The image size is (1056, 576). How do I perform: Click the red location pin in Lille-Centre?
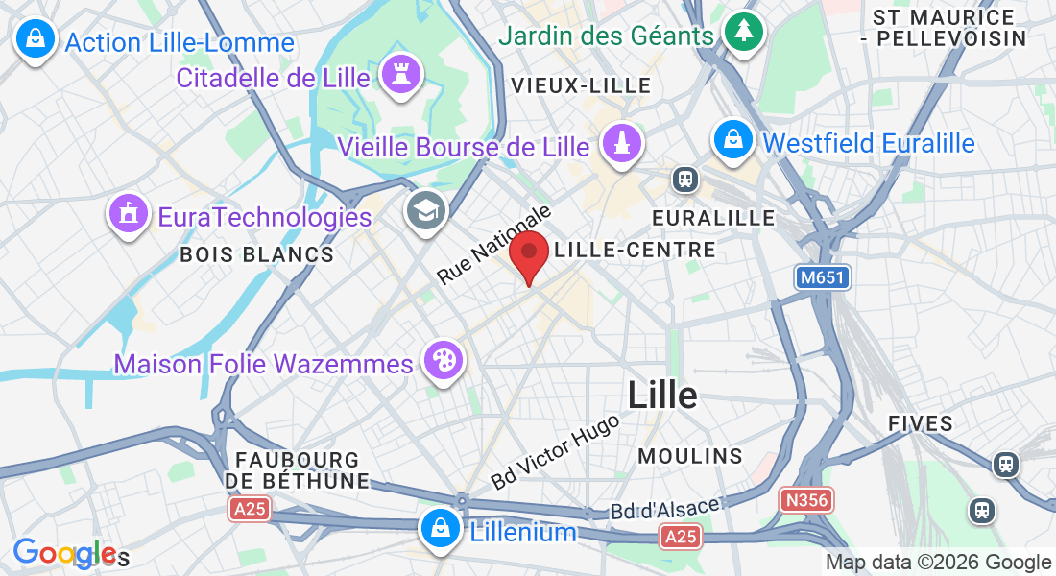click(528, 252)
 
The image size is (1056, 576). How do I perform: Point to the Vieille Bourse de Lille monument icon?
click(621, 144)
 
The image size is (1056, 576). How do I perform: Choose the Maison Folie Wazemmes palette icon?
click(445, 361)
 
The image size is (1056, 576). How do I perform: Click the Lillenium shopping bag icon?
click(439, 527)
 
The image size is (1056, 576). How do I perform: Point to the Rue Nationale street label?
click(495, 244)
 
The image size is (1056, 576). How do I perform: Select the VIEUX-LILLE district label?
click(582, 85)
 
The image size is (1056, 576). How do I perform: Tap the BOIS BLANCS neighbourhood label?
click(257, 254)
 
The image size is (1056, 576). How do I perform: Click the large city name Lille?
click(662, 394)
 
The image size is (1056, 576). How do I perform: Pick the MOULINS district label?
click(689, 454)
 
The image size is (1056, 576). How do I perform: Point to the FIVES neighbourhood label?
click(921, 423)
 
